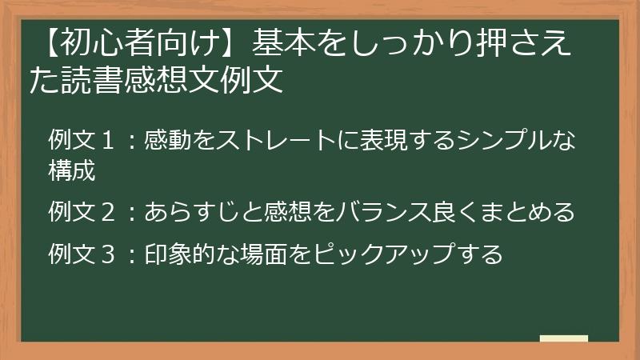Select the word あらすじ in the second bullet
pyautogui.click(x=193, y=213)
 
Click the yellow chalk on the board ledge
pyautogui.click(x=564, y=338)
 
